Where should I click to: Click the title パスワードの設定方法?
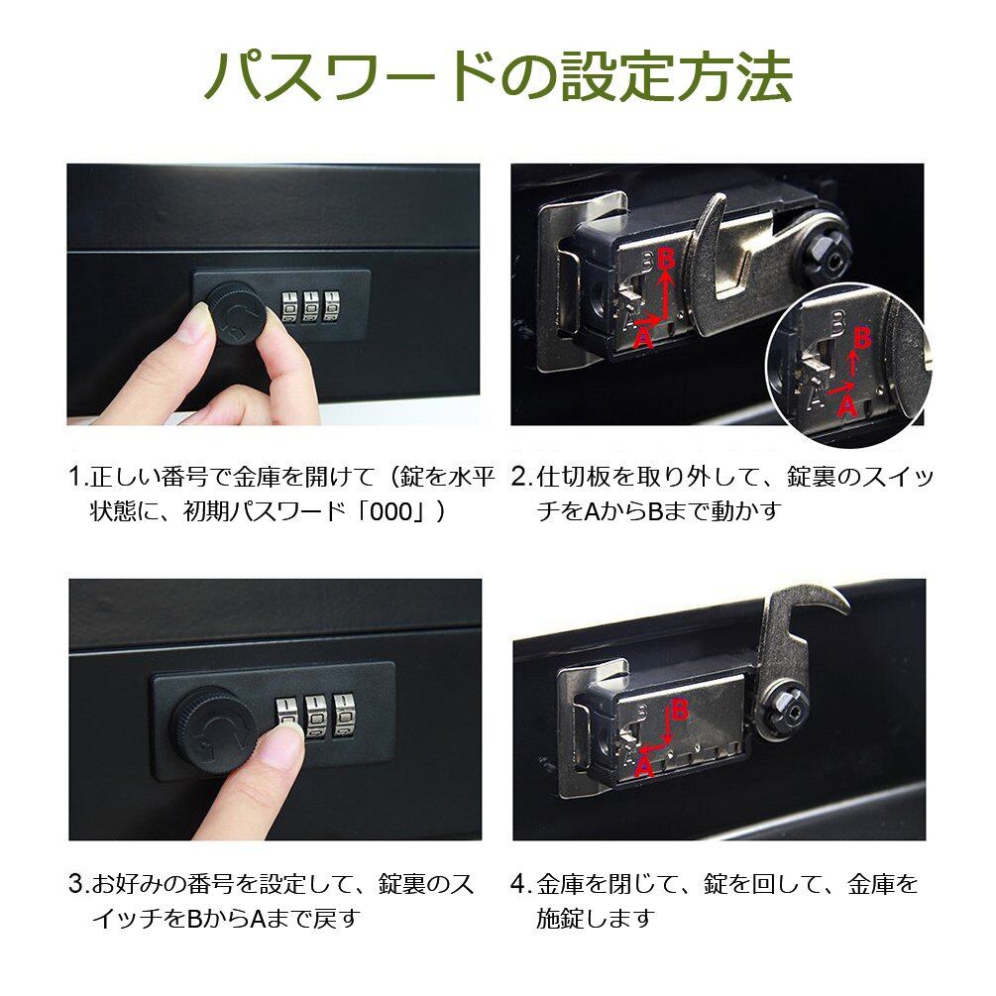pyautogui.click(x=498, y=76)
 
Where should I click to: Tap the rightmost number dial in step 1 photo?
pyautogui.click(x=332, y=307)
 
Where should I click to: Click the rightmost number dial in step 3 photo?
pyautogui.click(x=345, y=715)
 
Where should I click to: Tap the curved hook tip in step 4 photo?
pyautogui.click(x=847, y=609)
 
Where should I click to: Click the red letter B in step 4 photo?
pyautogui.click(x=680, y=710)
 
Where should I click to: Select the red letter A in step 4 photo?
pyautogui.click(x=644, y=767)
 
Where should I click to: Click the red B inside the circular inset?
pyautogui.click(x=861, y=339)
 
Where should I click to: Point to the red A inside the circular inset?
pyautogui.click(x=846, y=404)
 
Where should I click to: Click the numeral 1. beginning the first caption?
pyautogui.click(x=78, y=477)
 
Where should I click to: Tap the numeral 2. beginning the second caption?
pyautogui.click(x=521, y=477)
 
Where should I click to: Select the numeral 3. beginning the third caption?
pyautogui.click(x=78, y=884)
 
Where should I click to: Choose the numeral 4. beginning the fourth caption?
pyautogui.click(x=521, y=884)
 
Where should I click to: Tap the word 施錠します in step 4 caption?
pyautogui.click(x=596, y=918)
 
